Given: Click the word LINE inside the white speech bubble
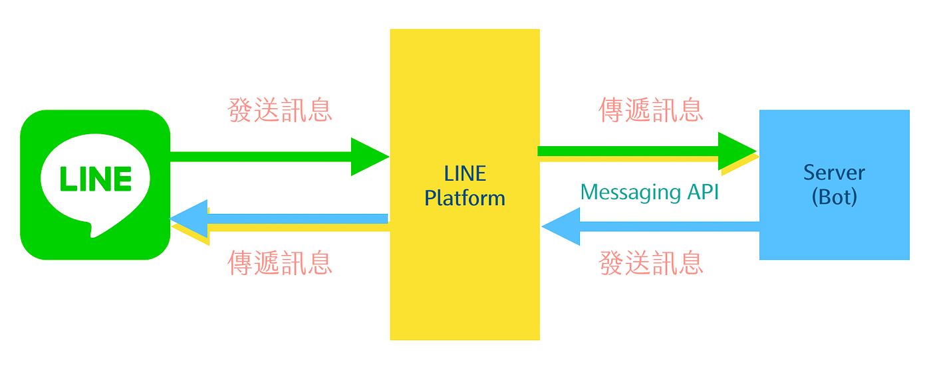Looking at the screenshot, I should pos(96,179).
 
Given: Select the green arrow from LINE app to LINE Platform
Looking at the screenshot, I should pos(266,157).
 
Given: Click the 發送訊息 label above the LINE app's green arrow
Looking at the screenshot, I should pos(280,110).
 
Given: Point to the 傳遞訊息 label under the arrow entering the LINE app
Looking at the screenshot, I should pos(280,263).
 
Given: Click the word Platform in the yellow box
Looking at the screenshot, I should pos(465,198).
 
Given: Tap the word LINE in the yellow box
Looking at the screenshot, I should pos(465,174).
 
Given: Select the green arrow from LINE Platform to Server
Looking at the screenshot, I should pos(632,151).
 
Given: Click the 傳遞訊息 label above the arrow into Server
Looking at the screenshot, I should pos(651,110).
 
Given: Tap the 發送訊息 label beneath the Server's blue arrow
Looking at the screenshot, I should pos(651,263).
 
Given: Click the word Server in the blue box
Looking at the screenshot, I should pos(834,173).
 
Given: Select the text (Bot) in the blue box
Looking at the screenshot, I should pos(834,197).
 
